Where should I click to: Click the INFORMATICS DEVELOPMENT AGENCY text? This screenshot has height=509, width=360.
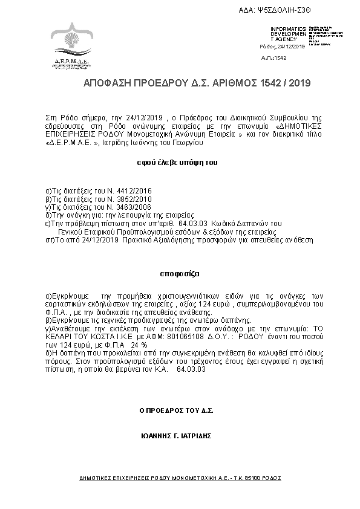[x=287, y=33]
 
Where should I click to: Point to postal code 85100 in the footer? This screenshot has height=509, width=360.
[x=255, y=478]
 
